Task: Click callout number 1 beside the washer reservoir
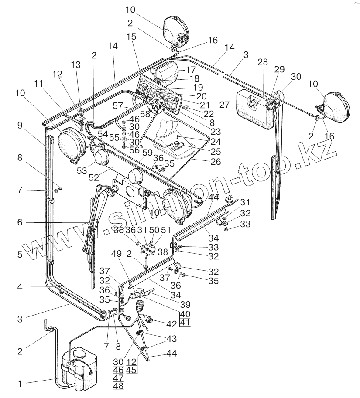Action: tap(19, 384)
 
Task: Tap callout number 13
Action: tap(76, 65)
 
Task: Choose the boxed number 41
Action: tap(185, 323)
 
